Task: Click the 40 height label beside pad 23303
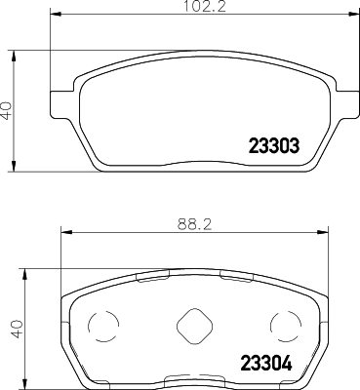point(7,109)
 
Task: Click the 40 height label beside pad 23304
point(15,329)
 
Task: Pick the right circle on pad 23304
point(283,325)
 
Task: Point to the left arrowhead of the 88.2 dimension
point(64,232)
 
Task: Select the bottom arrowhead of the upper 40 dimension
point(14,165)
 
